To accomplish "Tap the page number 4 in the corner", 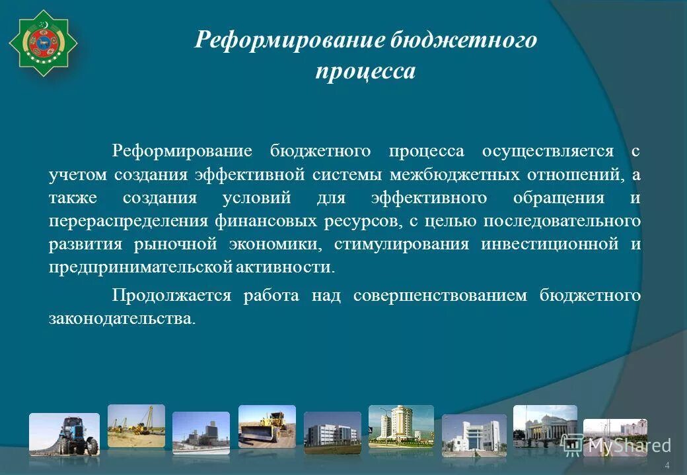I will (667, 466).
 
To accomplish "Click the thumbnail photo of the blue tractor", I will (64, 434).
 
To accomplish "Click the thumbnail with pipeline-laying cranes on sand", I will (136, 426).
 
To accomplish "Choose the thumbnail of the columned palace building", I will (544, 425).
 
